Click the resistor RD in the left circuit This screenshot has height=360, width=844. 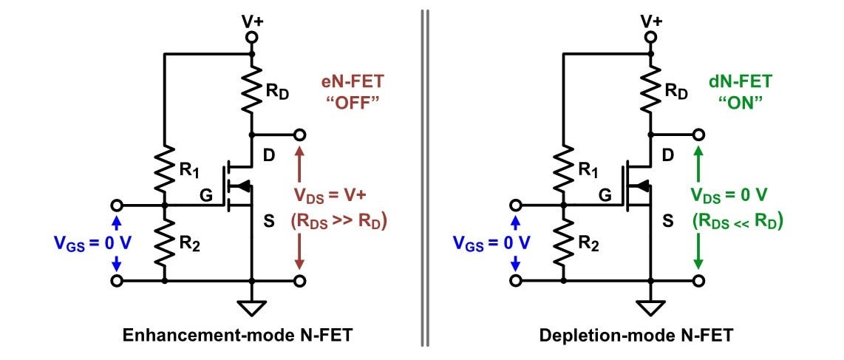(252, 89)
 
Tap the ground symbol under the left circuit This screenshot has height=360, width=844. (252, 305)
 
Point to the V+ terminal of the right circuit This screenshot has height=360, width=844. (650, 36)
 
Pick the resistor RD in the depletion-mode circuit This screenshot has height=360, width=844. (650, 89)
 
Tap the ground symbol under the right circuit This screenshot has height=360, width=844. (650, 305)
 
